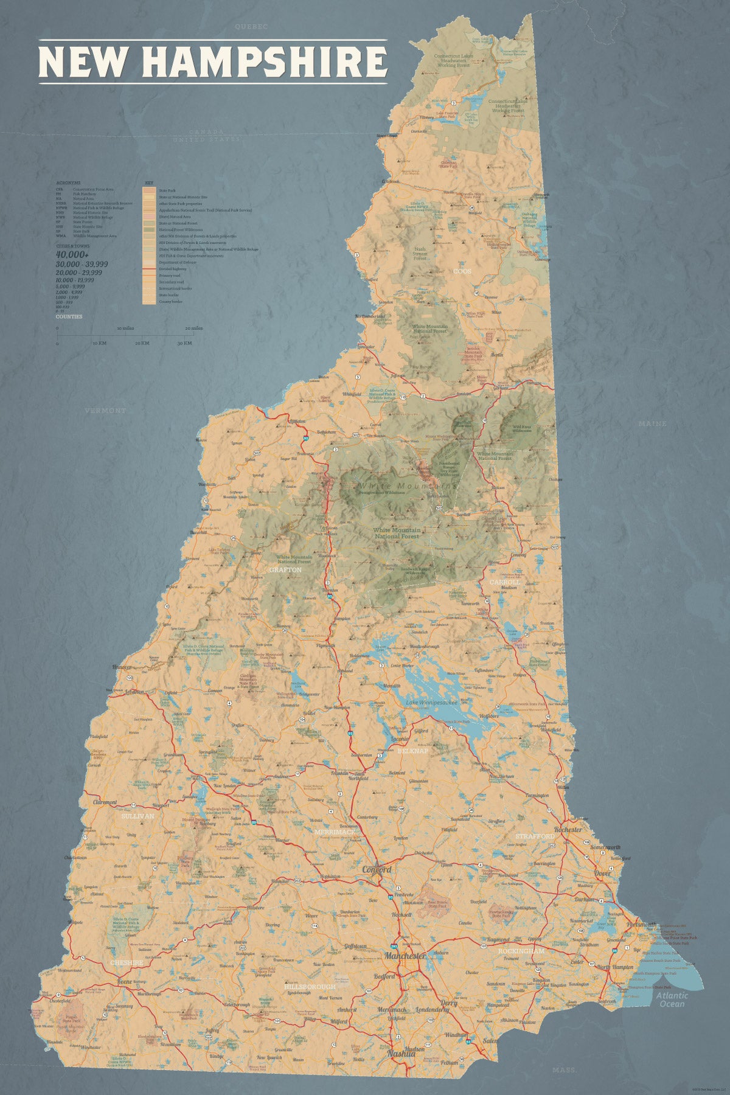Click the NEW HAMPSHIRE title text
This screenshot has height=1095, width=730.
(213, 61)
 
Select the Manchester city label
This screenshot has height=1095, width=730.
(404, 956)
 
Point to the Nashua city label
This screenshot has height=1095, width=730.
(400, 1053)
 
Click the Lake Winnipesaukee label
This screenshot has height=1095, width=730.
(431, 703)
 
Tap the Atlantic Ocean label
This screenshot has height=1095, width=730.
(672, 999)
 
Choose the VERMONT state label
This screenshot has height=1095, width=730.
(106, 411)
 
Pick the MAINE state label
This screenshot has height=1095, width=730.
(653, 423)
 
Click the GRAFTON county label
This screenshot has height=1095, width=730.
(285, 570)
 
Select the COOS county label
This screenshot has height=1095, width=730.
(462, 271)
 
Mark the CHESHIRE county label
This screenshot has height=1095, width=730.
(127, 963)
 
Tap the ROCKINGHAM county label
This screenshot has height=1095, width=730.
(521, 950)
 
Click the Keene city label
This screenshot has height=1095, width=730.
(124, 982)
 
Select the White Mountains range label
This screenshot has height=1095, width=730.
(407, 485)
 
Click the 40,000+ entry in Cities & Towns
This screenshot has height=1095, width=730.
(72, 254)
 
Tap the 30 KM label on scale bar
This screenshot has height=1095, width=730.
(184, 343)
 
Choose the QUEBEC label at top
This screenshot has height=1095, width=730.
(252, 27)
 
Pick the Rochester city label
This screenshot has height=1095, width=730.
(568, 829)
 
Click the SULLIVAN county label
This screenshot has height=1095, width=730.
(138, 816)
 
